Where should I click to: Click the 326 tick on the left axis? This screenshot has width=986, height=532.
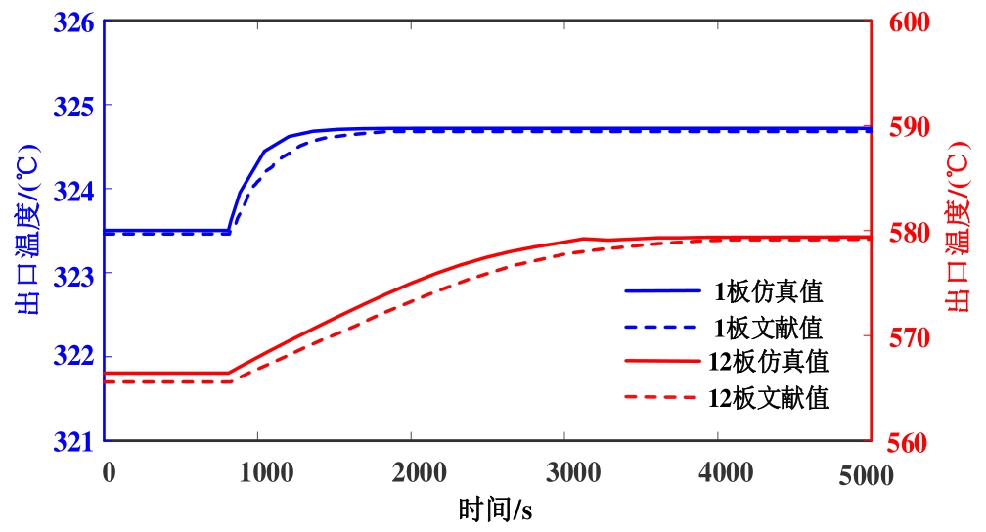[78, 21]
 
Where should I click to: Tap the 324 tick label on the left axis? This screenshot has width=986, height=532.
[78, 189]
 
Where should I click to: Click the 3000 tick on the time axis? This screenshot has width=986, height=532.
[564, 474]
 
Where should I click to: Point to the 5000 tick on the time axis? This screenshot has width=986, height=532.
[865, 474]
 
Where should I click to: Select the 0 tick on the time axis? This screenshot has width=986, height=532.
[108, 474]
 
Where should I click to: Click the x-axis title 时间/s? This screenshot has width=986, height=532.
[494, 510]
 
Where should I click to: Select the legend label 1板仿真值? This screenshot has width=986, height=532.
[767, 290]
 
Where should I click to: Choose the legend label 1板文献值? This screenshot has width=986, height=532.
[767, 326]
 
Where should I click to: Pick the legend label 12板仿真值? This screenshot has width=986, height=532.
[767, 362]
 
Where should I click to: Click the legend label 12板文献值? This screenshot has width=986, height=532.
[767, 398]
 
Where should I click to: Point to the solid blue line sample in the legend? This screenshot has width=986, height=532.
[661, 290]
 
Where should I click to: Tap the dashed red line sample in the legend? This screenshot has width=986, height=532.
[661, 398]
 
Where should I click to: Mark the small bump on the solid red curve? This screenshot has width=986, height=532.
[584, 238]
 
